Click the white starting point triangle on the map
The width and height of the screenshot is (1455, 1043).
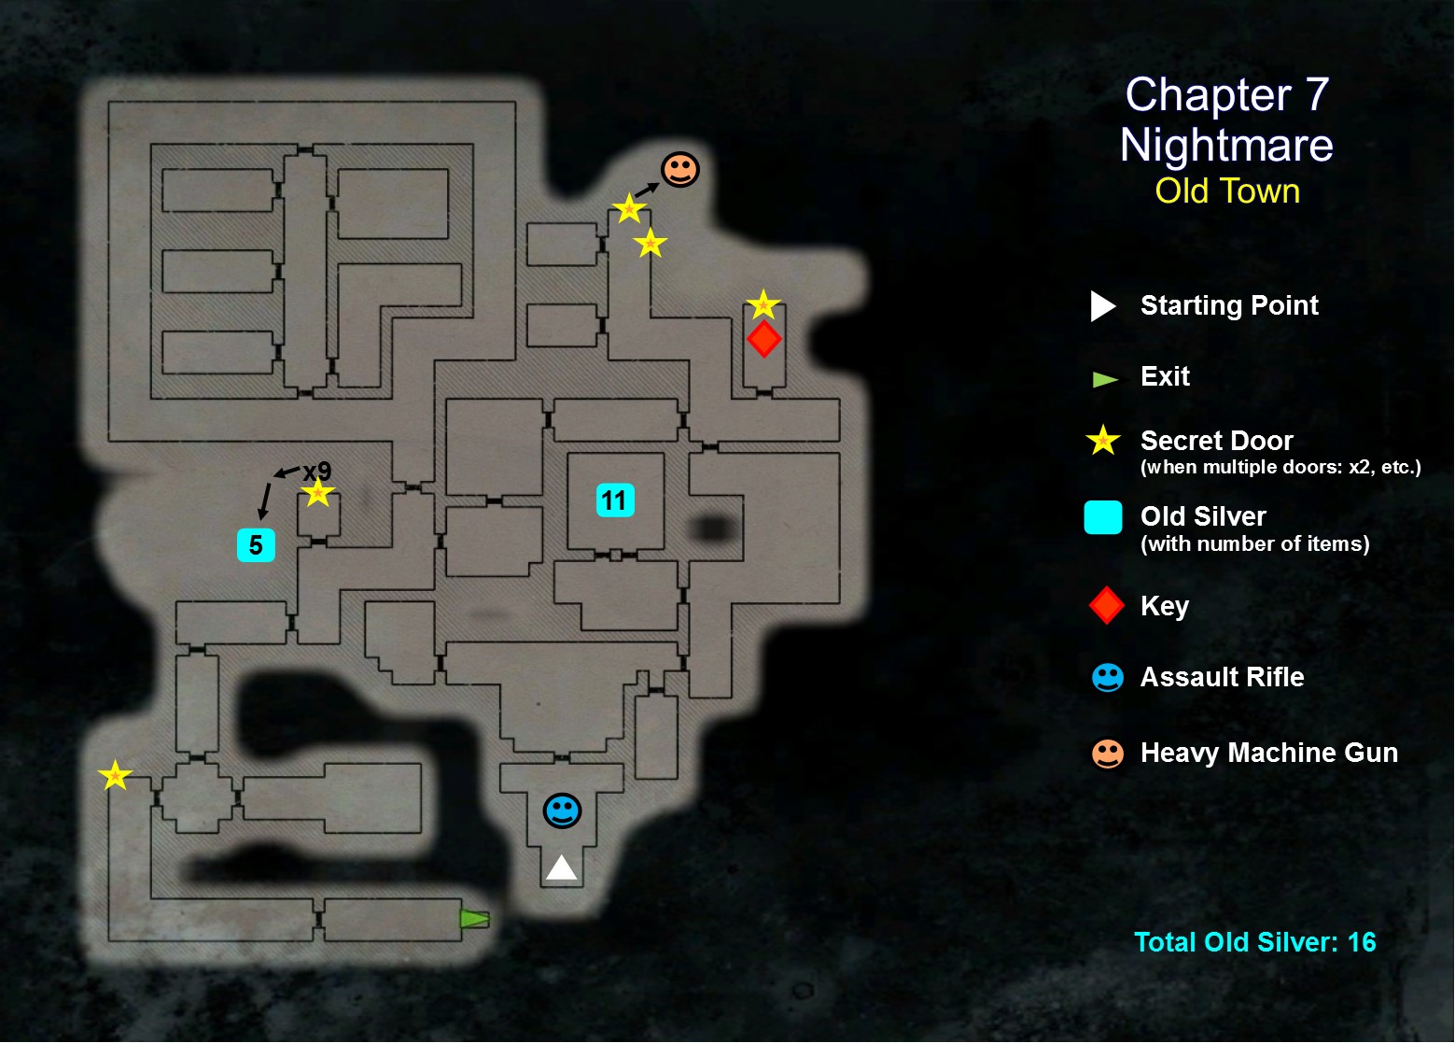(561, 868)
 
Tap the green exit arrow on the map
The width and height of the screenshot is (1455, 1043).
(474, 919)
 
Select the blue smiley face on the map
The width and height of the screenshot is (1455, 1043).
(562, 810)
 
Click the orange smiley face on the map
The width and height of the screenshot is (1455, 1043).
(679, 169)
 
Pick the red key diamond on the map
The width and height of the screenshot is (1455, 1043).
(763, 339)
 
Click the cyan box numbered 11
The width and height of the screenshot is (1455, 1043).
(615, 500)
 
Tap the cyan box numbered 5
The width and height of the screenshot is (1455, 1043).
(256, 545)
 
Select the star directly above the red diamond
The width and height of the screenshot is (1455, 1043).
(762, 304)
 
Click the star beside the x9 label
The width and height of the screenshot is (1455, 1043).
(317, 492)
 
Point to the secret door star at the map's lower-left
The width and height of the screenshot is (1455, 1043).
(115, 775)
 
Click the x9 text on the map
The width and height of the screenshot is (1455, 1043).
(316, 471)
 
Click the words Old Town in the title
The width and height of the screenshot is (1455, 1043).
(1226, 190)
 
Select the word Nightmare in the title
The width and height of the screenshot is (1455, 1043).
(1226, 145)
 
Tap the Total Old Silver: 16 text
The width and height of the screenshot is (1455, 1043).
(1254, 941)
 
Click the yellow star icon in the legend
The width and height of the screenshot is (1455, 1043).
(1103, 440)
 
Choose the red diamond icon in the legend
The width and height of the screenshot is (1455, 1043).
(1106, 605)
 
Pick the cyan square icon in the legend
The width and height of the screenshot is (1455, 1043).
(1102, 517)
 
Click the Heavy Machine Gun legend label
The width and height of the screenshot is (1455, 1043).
(1268, 753)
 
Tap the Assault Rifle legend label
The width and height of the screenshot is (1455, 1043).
(1222, 677)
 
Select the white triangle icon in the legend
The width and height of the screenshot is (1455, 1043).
(1102, 305)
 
